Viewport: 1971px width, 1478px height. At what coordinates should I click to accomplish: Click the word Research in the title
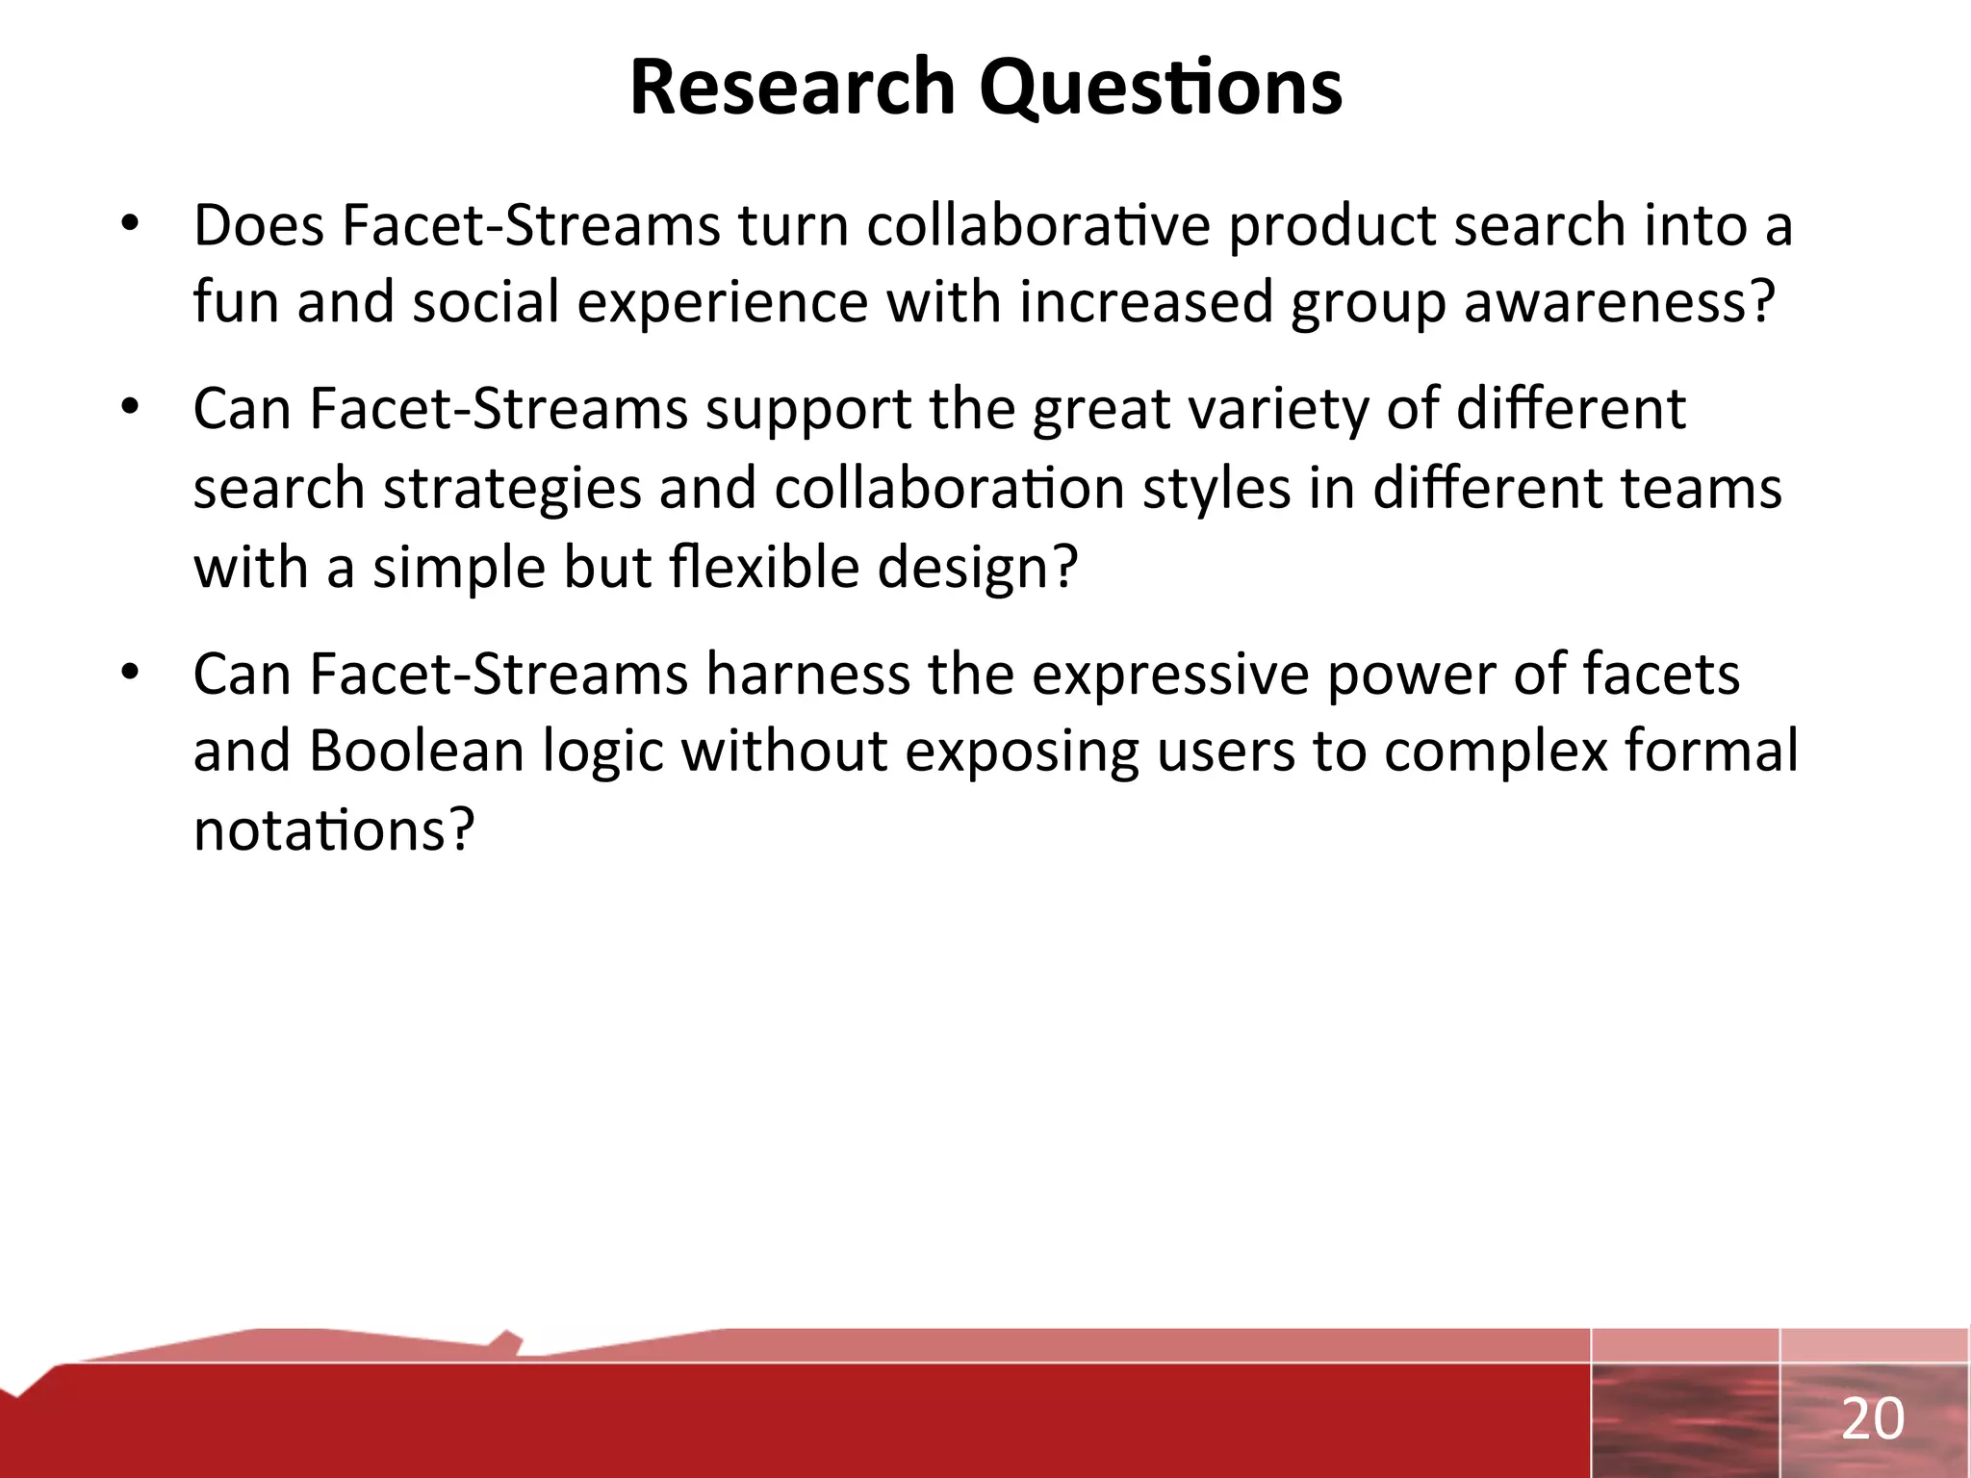(791, 87)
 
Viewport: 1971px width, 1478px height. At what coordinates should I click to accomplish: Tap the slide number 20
(1872, 1419)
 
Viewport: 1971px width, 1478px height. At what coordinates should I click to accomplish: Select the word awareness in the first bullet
(1617, 302)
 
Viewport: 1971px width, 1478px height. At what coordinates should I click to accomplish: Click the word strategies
(512, 488)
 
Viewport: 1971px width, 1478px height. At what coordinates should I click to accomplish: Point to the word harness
(806, 674)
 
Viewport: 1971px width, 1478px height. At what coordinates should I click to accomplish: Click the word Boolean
(416, 752)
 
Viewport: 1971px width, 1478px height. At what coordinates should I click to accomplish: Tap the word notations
(334, 829)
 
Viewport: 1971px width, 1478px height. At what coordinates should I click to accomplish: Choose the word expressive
(1169, 674)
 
